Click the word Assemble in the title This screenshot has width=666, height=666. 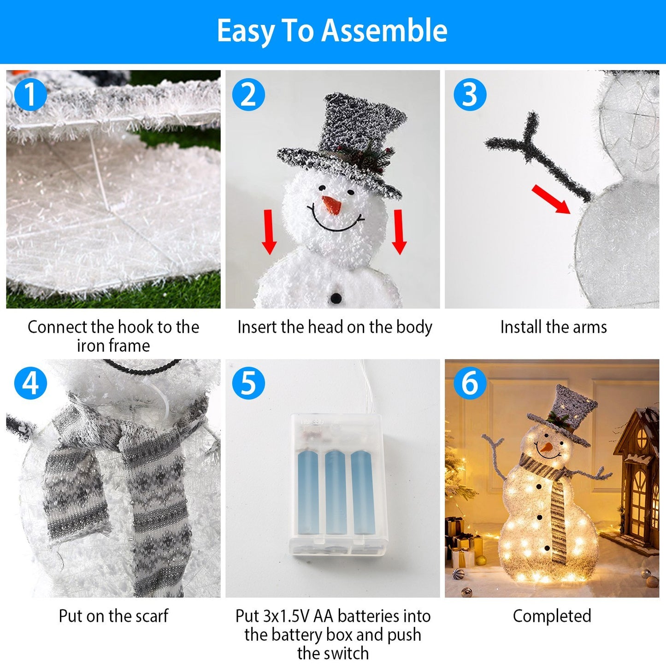384,31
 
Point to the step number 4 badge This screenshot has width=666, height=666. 30,383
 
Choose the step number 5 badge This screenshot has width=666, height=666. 248,383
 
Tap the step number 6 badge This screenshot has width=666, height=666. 470,383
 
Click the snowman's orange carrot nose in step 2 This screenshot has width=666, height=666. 332,204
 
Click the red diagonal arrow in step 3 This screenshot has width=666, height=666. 551,199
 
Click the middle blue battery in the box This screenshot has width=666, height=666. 335,492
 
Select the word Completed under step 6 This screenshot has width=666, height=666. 552,616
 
